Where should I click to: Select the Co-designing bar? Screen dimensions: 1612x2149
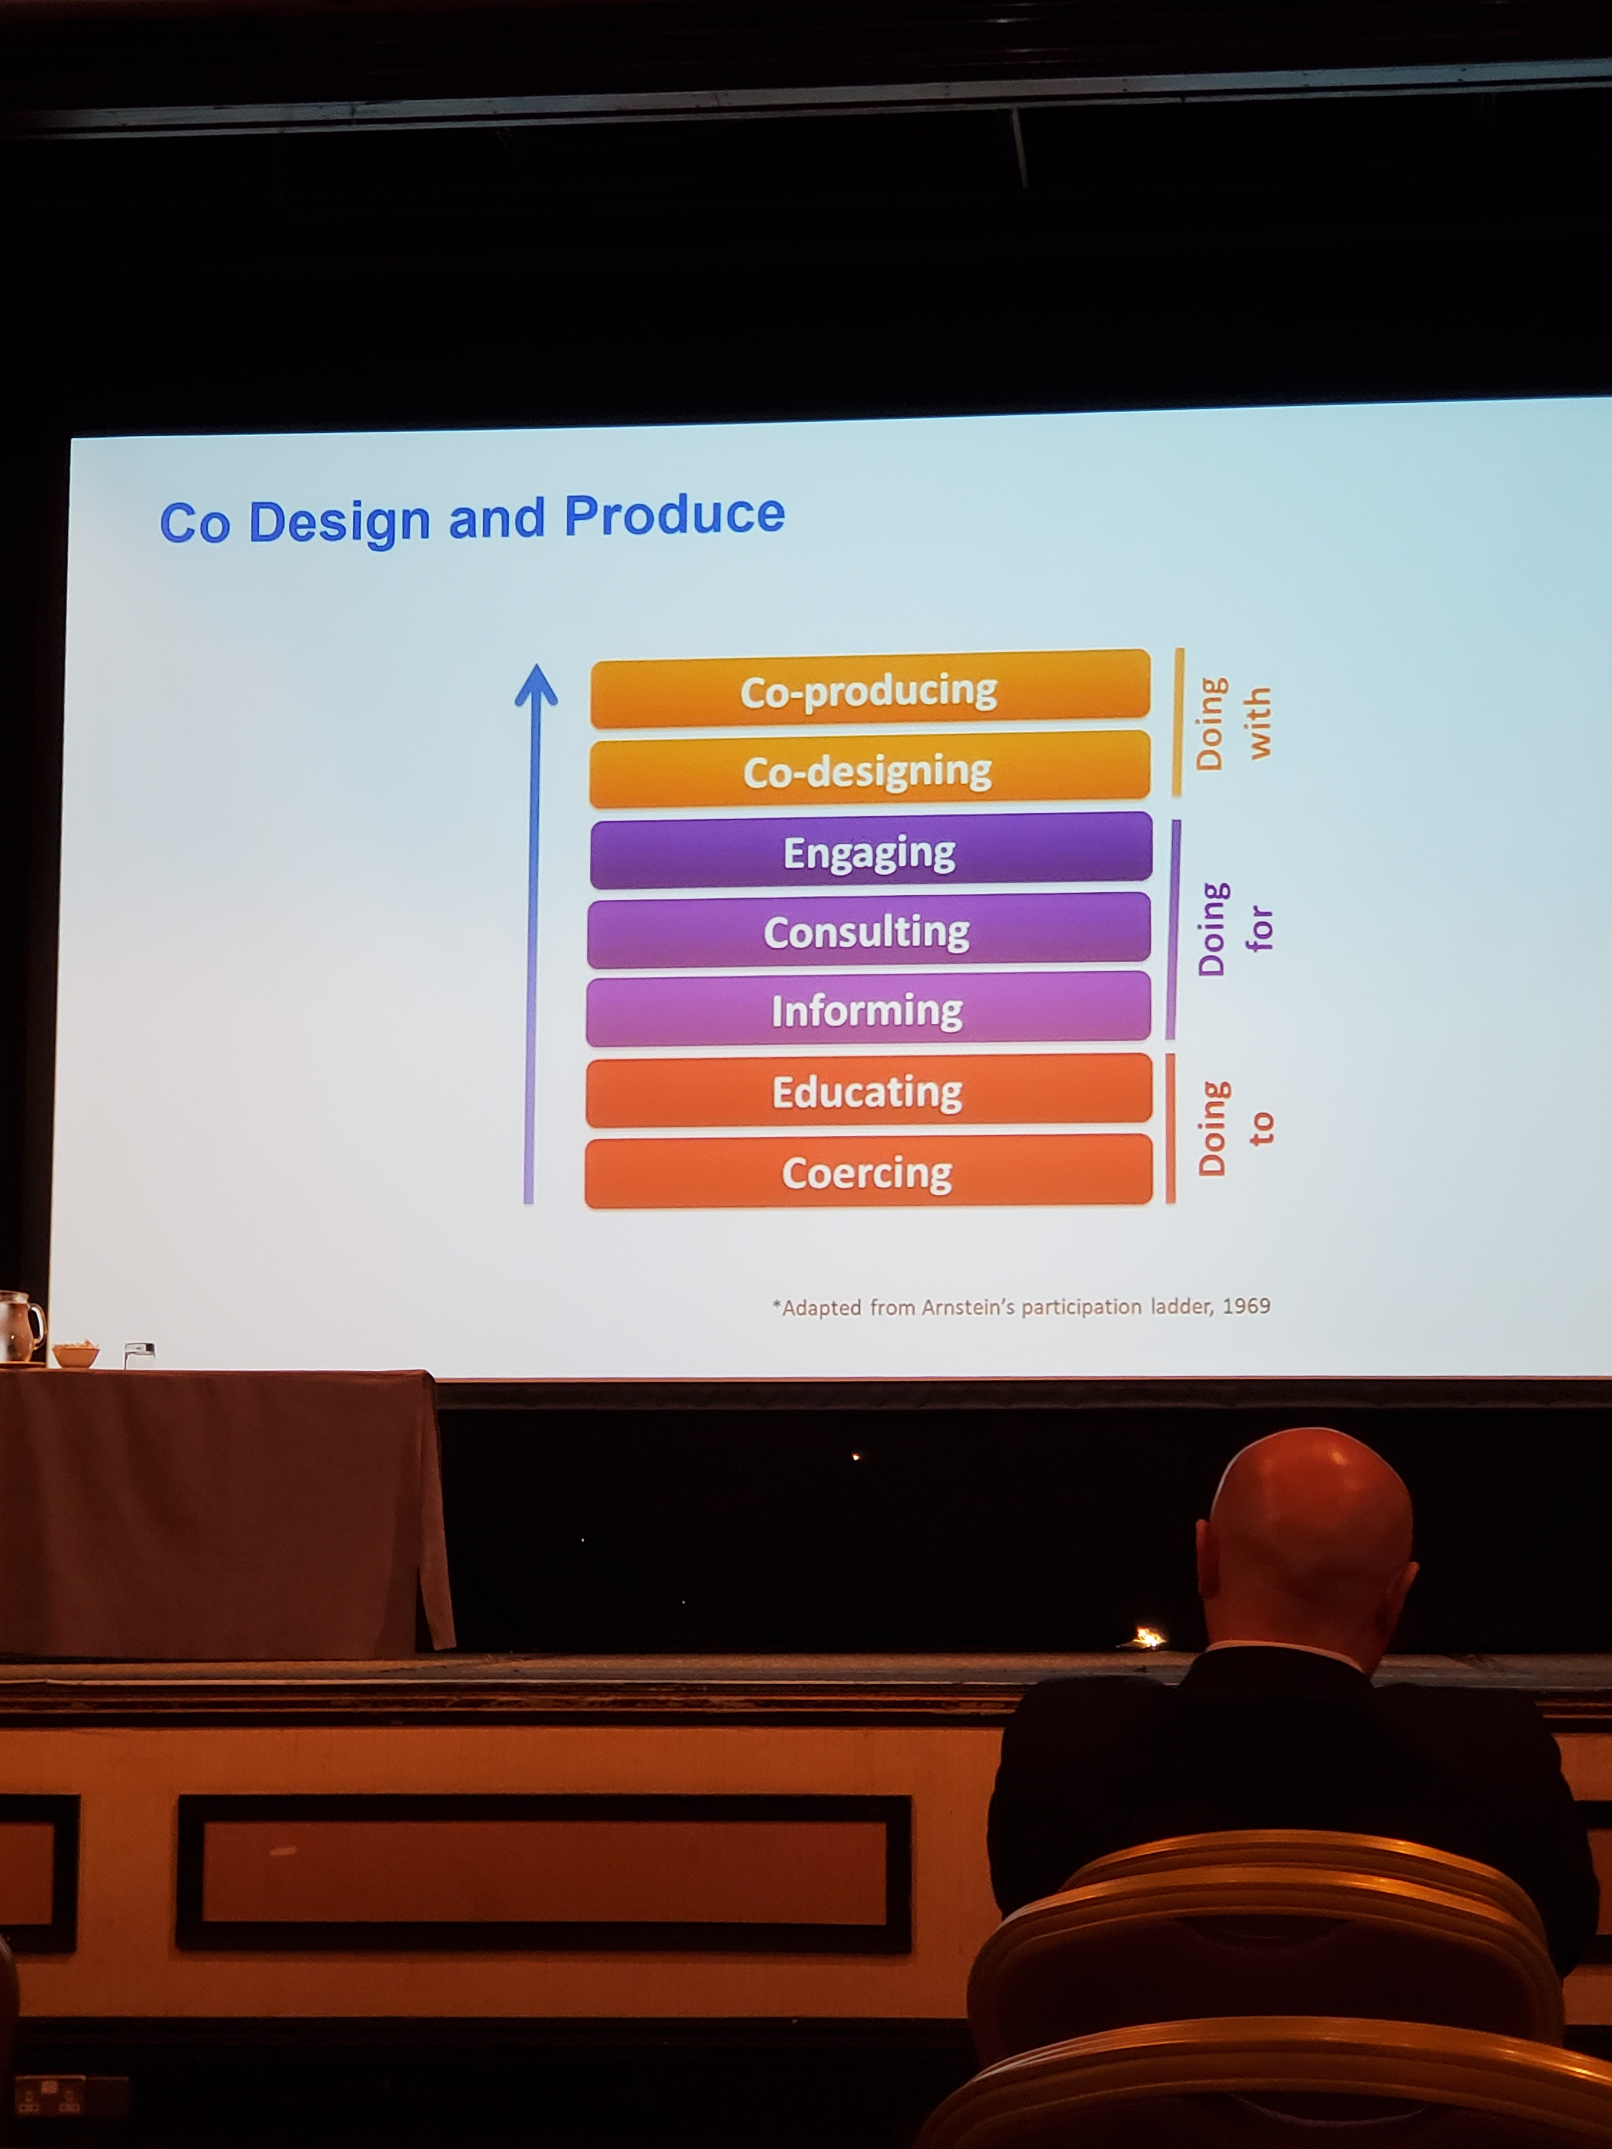(869, 770)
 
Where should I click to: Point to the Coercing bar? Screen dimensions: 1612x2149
(868, 1172)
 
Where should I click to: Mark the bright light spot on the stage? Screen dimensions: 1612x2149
(1148, 1638)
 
